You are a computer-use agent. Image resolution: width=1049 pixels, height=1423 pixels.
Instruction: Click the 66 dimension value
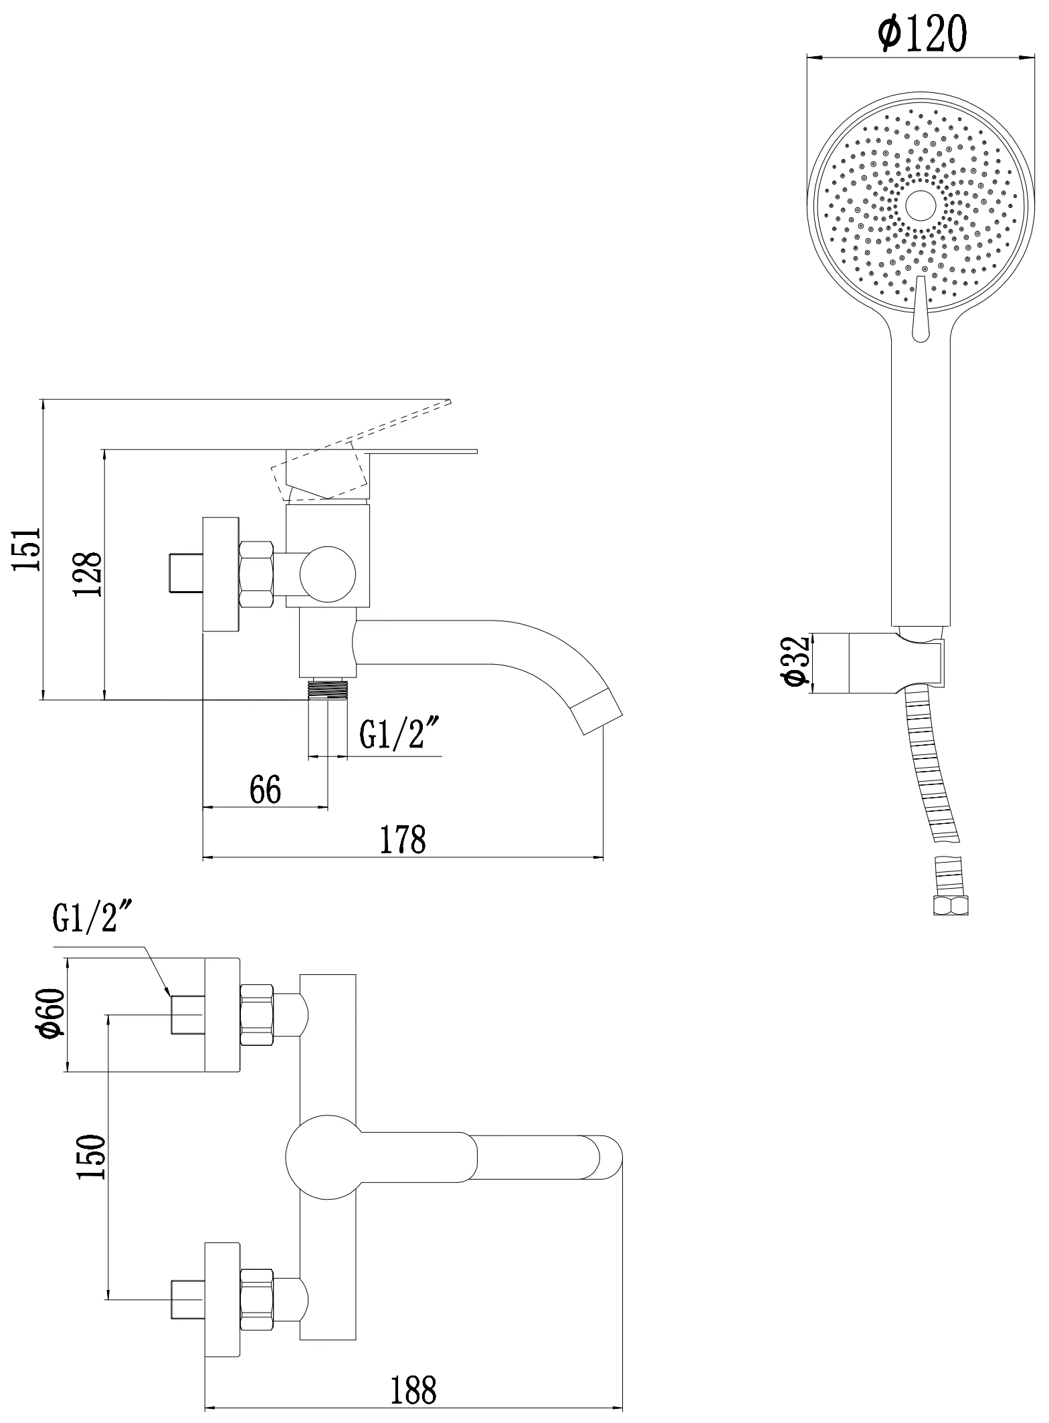(265, 790)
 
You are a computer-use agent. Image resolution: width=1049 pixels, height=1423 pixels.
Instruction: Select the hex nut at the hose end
(951, 906)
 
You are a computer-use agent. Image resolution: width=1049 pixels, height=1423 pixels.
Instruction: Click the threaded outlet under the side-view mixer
(328, 689)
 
